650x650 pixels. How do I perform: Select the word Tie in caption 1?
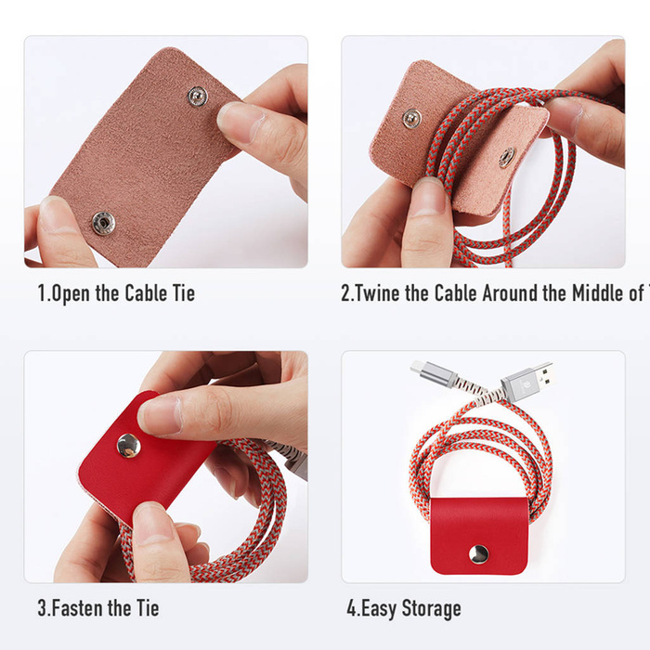coord(182,293)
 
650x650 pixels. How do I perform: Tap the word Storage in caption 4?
coord(428,608)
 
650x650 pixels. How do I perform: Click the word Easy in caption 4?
coord(376,608)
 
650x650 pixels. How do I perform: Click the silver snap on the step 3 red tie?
coord(127,446)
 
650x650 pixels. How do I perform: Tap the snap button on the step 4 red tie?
coord(478,554)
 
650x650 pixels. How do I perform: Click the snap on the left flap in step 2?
coord(411,118)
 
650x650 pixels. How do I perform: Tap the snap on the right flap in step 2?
coord(506,156)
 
